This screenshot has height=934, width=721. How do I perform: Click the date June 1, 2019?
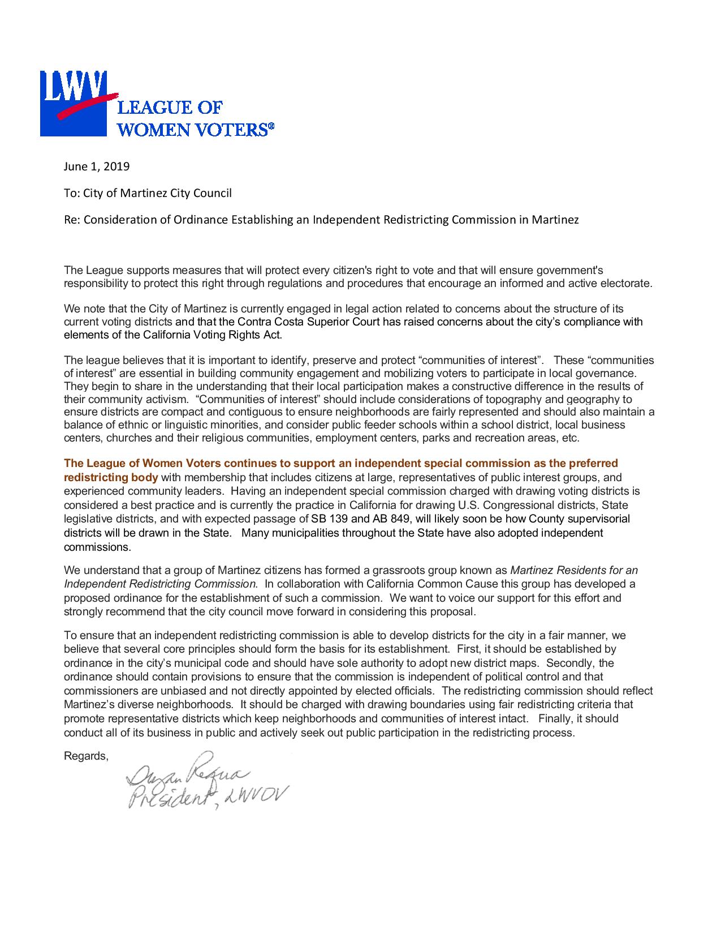point(96,167)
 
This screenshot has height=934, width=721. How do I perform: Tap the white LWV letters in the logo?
point(72,84)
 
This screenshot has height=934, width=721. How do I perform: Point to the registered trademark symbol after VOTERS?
point(270,128)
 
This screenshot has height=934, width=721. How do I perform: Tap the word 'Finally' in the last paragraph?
point(555,719)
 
